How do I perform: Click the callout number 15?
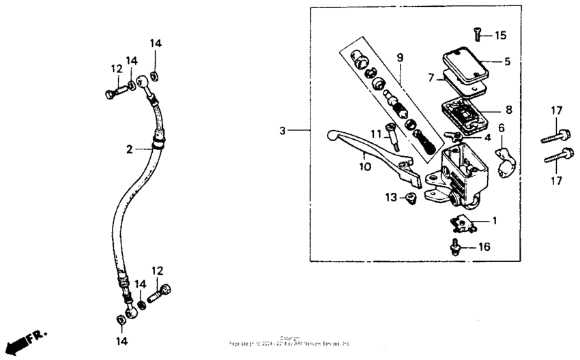(501, 35)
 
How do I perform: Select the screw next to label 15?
(477, 33)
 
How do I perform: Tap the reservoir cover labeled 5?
(466, 65)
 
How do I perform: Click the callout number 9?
(400, 57)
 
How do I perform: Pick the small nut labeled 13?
(411, 198)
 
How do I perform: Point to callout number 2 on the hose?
(129, 148)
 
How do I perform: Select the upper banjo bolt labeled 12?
(112, 90)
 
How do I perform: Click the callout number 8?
(508, 109)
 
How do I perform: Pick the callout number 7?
(431, 78)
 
